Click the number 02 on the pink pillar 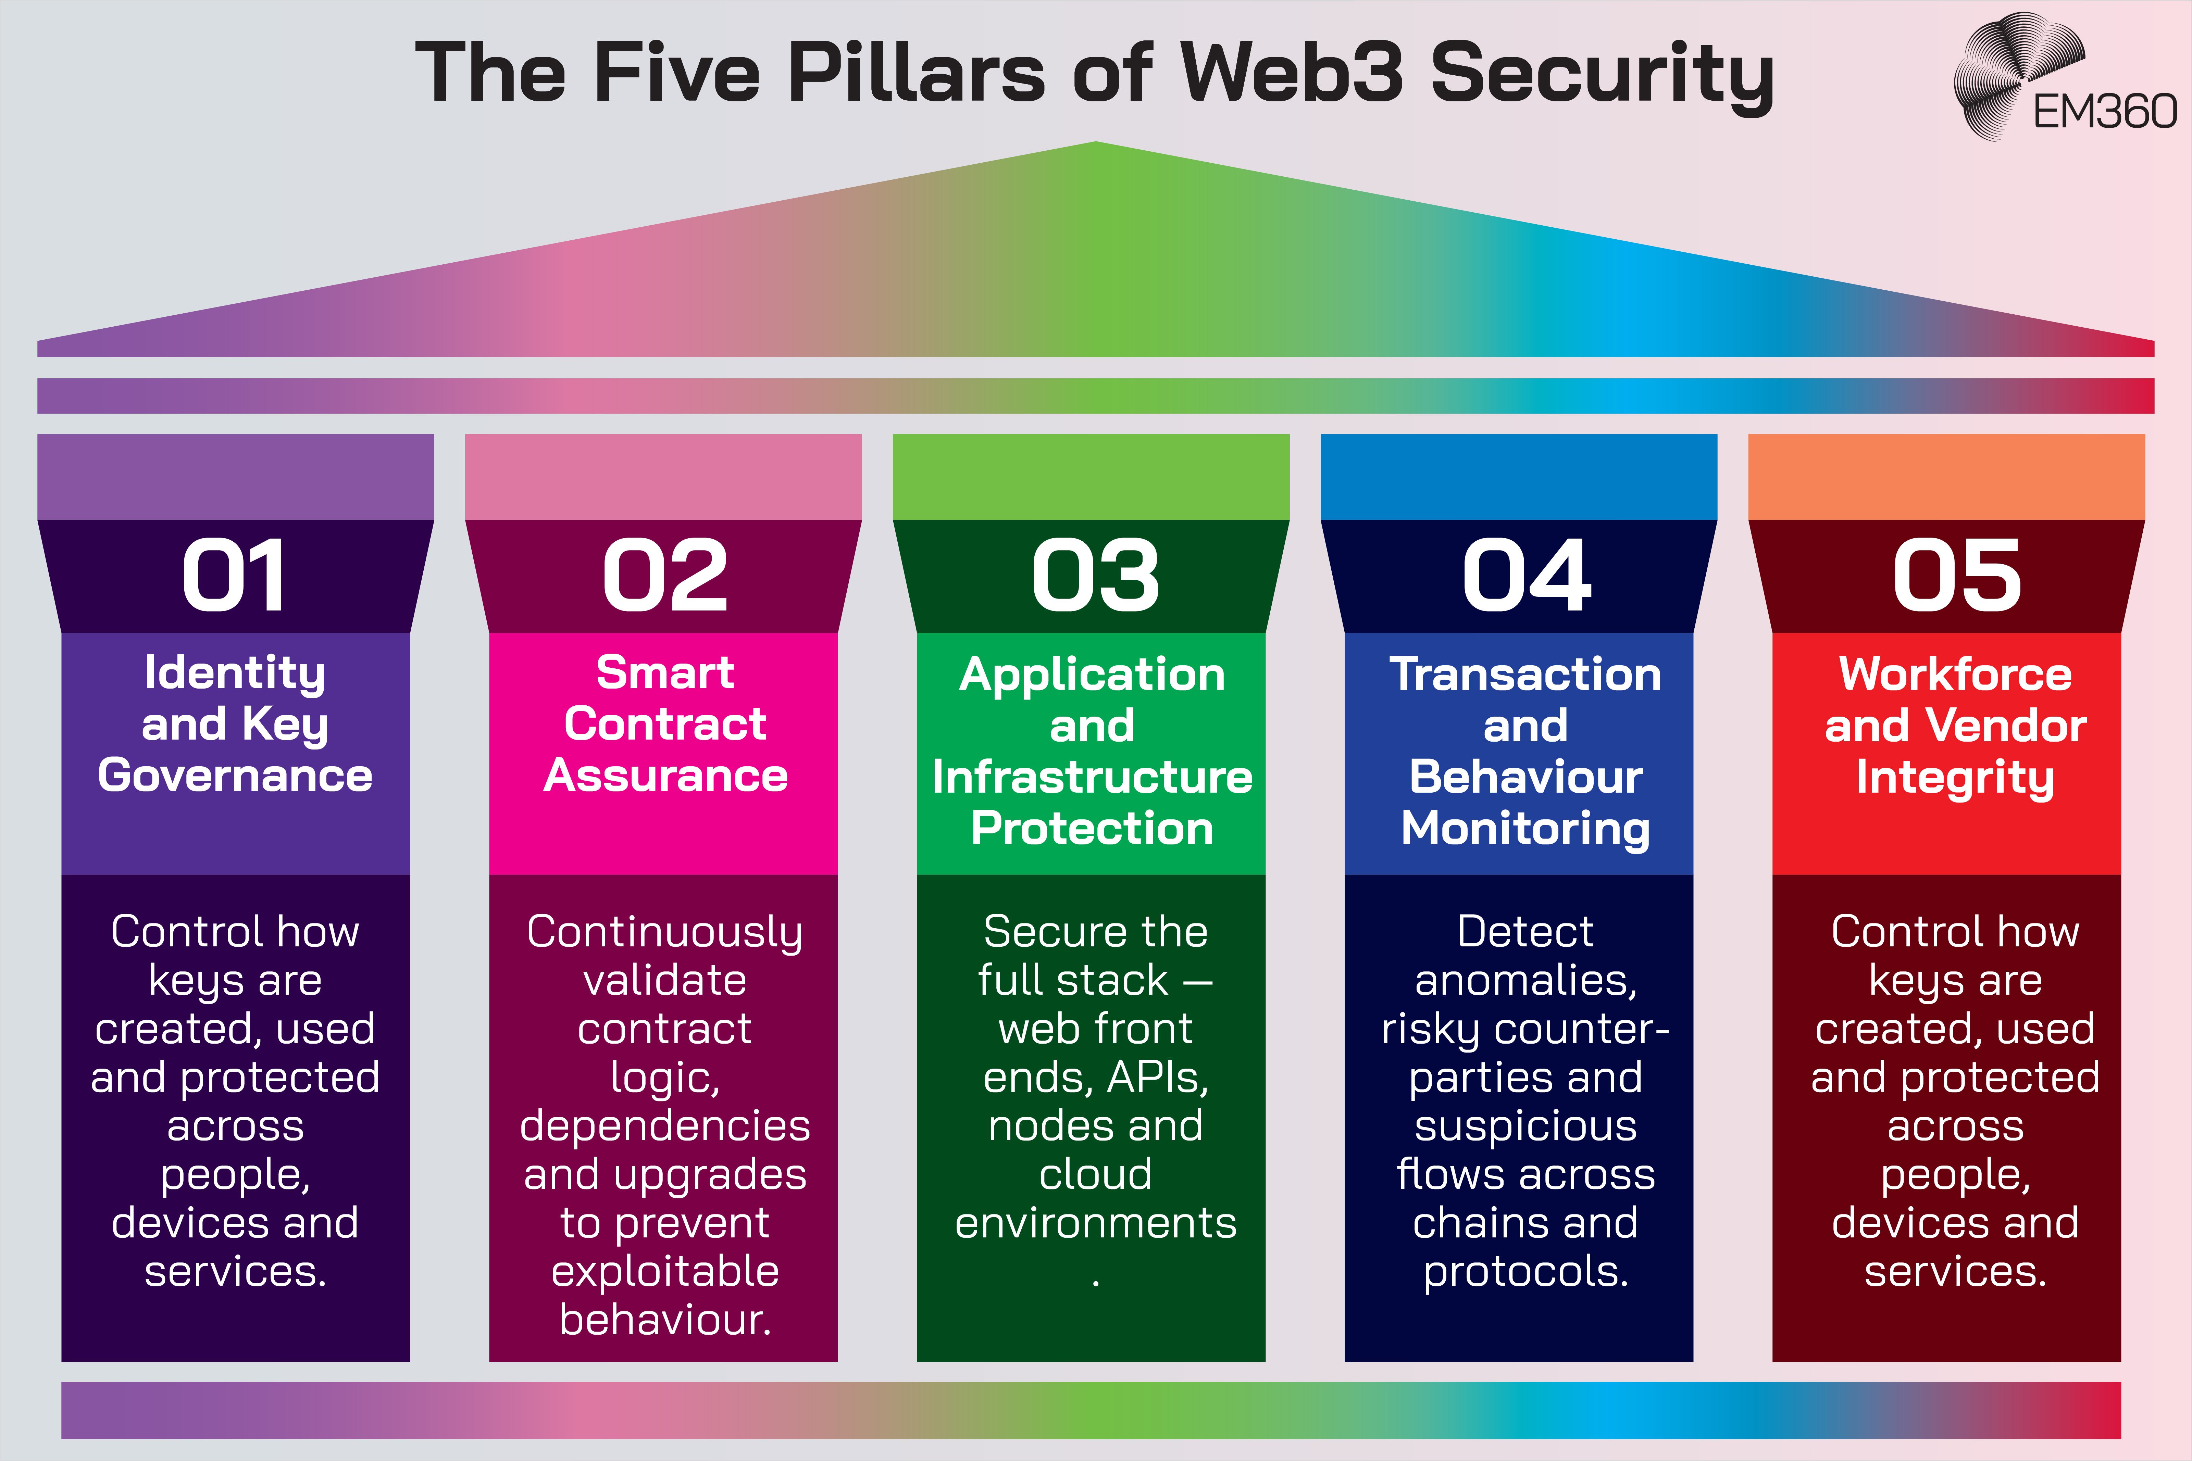[x=664, y=576]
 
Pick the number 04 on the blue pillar [x=1525, y=576]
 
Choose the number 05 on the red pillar [x=1956, y=576]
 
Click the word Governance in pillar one [x=235, y=775]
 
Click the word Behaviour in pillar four [x=1525, y=777]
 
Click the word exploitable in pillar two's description [x=664, y=1271]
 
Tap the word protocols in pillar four [x=1525, y=1271]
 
